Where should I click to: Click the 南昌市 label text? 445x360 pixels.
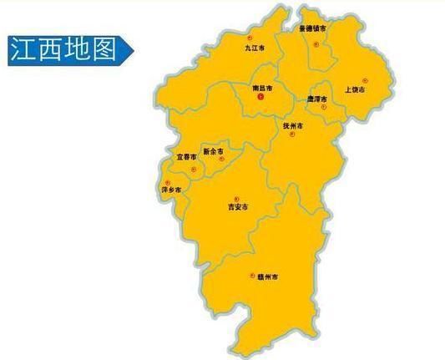pos(262,87)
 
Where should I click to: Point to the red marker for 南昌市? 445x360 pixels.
pos(260,98)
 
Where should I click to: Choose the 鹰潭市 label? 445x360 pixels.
pos(320,97)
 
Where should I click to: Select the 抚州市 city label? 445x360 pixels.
pos(293,125)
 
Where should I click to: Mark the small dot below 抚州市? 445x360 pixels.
pos(291,136)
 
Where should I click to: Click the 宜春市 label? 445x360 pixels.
pos(186,156)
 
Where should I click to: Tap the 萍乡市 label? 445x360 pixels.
pos(170,190)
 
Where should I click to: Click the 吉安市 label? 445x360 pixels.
pos(240,206)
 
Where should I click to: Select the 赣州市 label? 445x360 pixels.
pos(267,276)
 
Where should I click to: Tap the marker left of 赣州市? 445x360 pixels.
pos(251,275)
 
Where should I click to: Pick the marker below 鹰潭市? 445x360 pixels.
pos(327,108)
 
